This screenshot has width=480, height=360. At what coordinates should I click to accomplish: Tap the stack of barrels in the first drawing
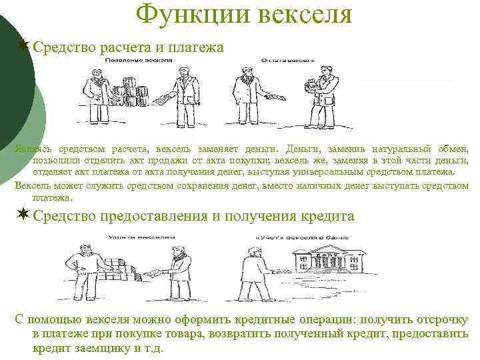click(x=133, y=93)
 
